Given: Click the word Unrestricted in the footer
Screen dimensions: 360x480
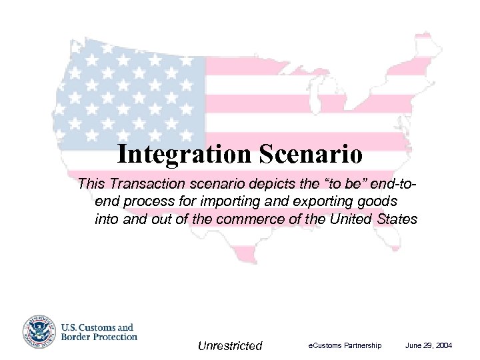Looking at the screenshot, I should [x=230, y=345].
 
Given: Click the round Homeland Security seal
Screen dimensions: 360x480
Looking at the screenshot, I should [x=39, y=331].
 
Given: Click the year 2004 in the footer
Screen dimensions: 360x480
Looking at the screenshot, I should [x=443, y=345].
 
